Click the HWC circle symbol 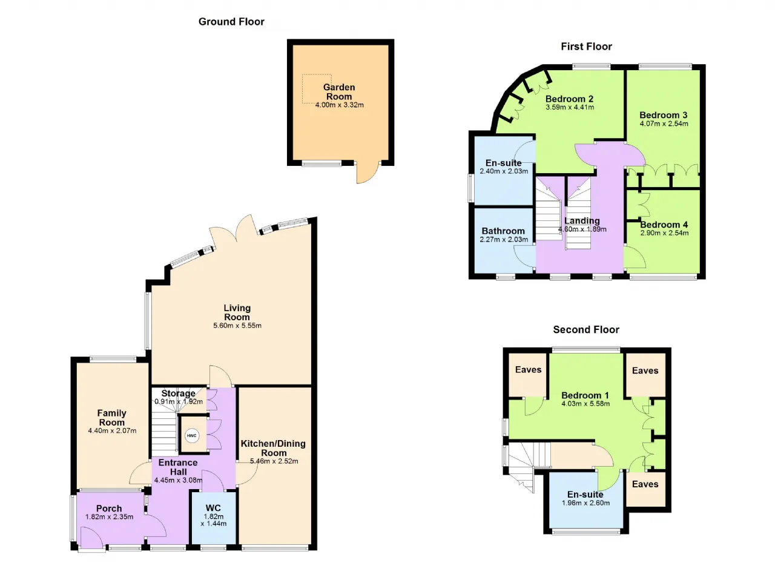click(x=191, y=435)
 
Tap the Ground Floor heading click(x=231, y=22)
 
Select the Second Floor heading click(x=586, y=329)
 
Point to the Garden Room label click(x=339, y=91)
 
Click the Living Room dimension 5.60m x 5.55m click(x=237, y=326)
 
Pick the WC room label click(x=213, y=508)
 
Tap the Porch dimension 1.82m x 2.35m click(x=109, y=517)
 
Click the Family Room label click(x=112, y=418)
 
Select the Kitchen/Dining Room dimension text click(x=274, y=461)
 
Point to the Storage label click(x=178, y=393)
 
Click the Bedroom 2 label click(x=570, y=99)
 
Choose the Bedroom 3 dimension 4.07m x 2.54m click(x=664, y=123)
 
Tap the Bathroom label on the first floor click(x=503, y=231)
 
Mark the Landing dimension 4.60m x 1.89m click(x=582, y=229)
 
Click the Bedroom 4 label click(x=664, y=225)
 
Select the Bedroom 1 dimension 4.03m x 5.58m click(x=585, y=404)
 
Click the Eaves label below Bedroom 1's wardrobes click(x=645, y=484)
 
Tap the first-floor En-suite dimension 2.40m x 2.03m click(x=504, y=171)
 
